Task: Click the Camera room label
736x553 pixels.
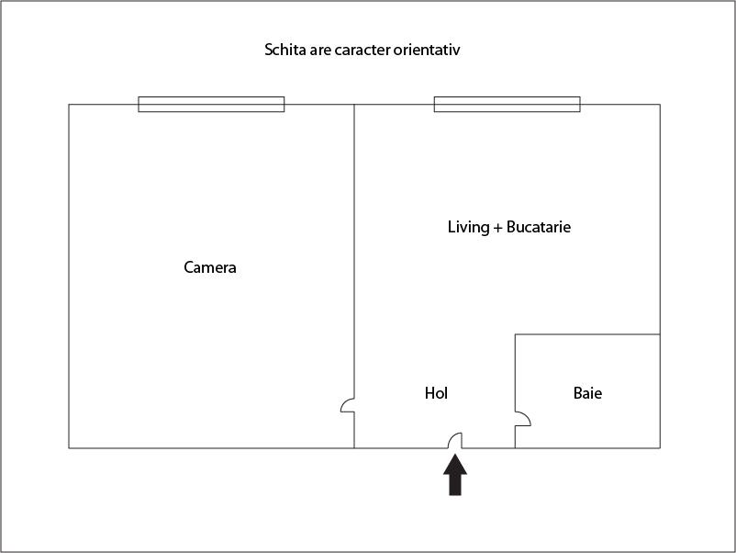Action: point(210,267)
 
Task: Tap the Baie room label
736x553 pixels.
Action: point(587,393)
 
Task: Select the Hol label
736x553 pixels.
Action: point(436,393)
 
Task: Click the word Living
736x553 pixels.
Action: point(468,228)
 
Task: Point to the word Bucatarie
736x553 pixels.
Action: point(539,227)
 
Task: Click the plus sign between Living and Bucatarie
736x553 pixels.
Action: point(497,229)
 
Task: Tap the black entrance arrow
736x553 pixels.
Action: point(455,474)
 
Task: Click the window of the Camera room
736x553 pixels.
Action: point(211,105)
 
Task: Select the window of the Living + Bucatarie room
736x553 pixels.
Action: point(507,105)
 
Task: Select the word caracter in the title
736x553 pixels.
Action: point(362,50)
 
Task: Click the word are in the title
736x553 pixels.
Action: point(320,51)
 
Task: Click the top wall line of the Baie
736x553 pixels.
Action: point(587,334)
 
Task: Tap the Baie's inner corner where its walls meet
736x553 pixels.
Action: point(516,334)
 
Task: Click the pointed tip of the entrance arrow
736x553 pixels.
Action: point(455,454)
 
